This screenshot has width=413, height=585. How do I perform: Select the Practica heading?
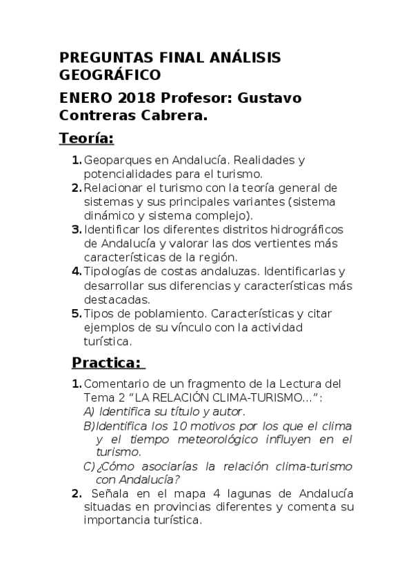point(106,362)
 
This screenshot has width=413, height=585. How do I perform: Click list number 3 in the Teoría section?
point(77,230)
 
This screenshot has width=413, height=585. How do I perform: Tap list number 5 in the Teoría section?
point(77,313)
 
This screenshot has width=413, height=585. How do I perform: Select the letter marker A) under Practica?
point(88,410)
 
